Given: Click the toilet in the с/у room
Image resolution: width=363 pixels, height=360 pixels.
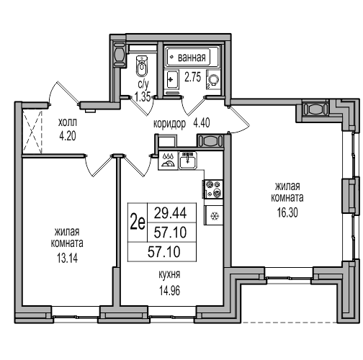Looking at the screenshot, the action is pos(143,66).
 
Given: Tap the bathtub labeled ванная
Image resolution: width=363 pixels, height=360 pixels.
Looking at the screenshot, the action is pos(192,57).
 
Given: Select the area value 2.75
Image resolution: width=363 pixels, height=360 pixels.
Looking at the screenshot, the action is pos(192,77).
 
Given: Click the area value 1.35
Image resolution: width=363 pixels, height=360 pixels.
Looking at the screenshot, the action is pos(143,97).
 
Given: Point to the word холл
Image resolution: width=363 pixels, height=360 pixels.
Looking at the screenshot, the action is pos(68,122).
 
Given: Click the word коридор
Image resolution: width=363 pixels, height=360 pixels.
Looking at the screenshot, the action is pos(169,124).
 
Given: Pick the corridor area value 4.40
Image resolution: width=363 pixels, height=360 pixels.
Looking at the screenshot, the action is pos(202,123).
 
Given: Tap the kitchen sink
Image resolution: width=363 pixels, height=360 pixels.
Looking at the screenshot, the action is pos(188,161).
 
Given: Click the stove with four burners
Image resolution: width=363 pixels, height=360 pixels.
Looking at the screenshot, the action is pos(213,189).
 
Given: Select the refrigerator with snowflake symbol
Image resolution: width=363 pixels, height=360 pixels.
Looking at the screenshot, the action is pos(213,215).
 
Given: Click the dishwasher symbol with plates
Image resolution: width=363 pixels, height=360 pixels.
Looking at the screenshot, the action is pos(168,161).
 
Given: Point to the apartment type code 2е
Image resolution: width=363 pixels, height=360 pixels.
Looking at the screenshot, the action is pos(138,222).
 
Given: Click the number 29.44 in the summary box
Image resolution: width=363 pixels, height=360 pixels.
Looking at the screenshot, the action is pos(170,213).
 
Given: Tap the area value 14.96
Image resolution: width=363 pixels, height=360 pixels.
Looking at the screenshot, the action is pos(169,291).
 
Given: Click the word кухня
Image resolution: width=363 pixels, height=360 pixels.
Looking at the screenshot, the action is pos(169,274).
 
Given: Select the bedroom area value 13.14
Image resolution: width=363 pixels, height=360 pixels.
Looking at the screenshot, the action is pos(67,258).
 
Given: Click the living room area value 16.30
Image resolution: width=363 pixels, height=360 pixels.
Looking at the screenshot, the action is pos(287,212).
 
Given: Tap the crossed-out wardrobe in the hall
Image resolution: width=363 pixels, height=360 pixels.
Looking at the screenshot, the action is pos(32,131).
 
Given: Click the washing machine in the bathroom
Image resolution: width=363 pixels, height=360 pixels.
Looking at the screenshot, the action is pos(213,79).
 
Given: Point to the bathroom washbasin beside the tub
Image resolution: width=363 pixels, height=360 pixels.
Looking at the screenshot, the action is pos(171,79).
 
